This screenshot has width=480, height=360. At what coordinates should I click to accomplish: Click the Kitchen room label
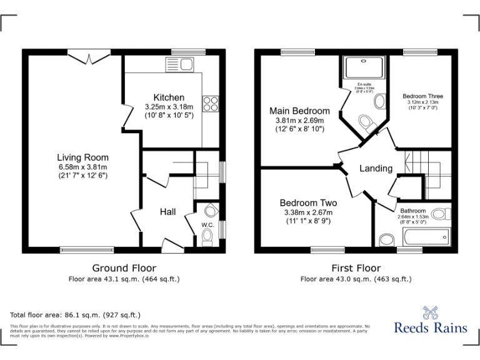point(169,97)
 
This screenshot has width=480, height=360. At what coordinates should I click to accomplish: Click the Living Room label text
point(82,157)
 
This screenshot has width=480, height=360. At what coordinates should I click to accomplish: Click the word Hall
point(167,212)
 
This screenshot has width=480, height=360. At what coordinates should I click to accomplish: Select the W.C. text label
point(207,224)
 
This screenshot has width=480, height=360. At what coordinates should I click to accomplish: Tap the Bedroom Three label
point(422,96)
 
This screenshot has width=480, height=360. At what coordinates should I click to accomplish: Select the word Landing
point(376,168)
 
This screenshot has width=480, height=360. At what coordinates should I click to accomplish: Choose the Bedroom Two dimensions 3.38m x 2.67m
point(308,212)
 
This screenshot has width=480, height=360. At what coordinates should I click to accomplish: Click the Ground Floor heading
point(124,267)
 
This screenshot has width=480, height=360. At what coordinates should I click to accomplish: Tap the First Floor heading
point(356,267)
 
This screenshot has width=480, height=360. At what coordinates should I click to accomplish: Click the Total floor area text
point(76,315)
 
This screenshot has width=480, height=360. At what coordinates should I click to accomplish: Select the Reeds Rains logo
point(430,321)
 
